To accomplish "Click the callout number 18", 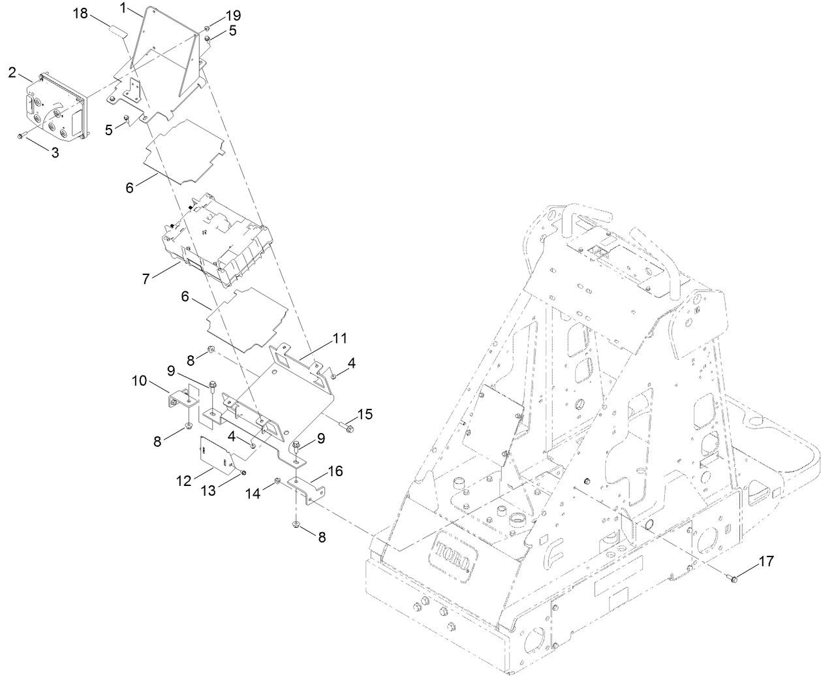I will click(82, 14).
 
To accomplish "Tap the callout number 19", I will click(215, 14).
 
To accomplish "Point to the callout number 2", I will click(12, 72).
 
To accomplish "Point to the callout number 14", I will click(253, 494).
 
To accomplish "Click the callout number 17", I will click(765, 560).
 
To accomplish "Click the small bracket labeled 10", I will click(176, 399).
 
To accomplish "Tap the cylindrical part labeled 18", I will click(117, 30).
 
